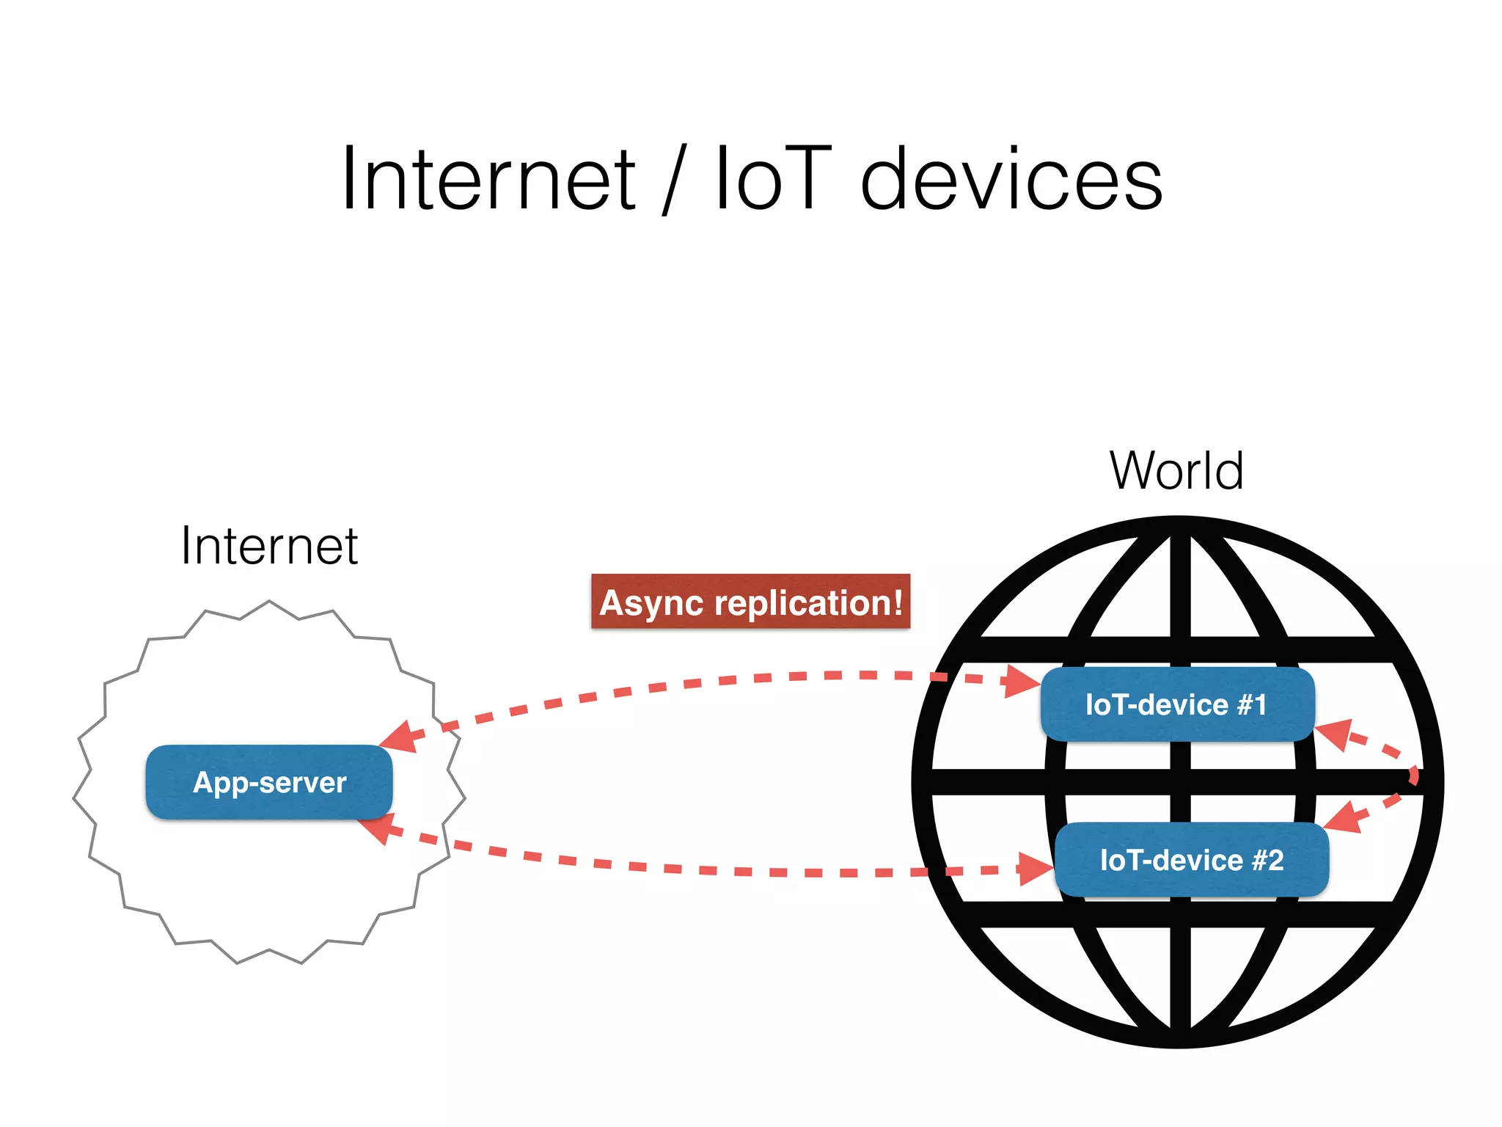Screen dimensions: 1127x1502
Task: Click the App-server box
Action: coord(269,782)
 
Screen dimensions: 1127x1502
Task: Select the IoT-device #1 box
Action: coord(1176,704)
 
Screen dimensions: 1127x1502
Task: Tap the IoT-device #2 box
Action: coord(1191,860)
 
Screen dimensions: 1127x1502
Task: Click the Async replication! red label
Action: coord(750,602)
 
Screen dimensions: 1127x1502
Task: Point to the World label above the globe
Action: coord(1176,470)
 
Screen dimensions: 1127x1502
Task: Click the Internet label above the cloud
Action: coord(269,546)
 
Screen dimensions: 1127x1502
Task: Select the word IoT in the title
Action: coord(773,179)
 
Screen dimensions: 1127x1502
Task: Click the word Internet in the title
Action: coord(488,179)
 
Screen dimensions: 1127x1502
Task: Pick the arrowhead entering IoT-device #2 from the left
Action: coord(1034,870)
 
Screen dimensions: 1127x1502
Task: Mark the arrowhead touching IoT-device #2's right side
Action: coord(1344,817)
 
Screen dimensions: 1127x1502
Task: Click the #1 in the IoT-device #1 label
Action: coord(1252,704)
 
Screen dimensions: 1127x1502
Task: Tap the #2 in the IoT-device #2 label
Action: coord(1268,860)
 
